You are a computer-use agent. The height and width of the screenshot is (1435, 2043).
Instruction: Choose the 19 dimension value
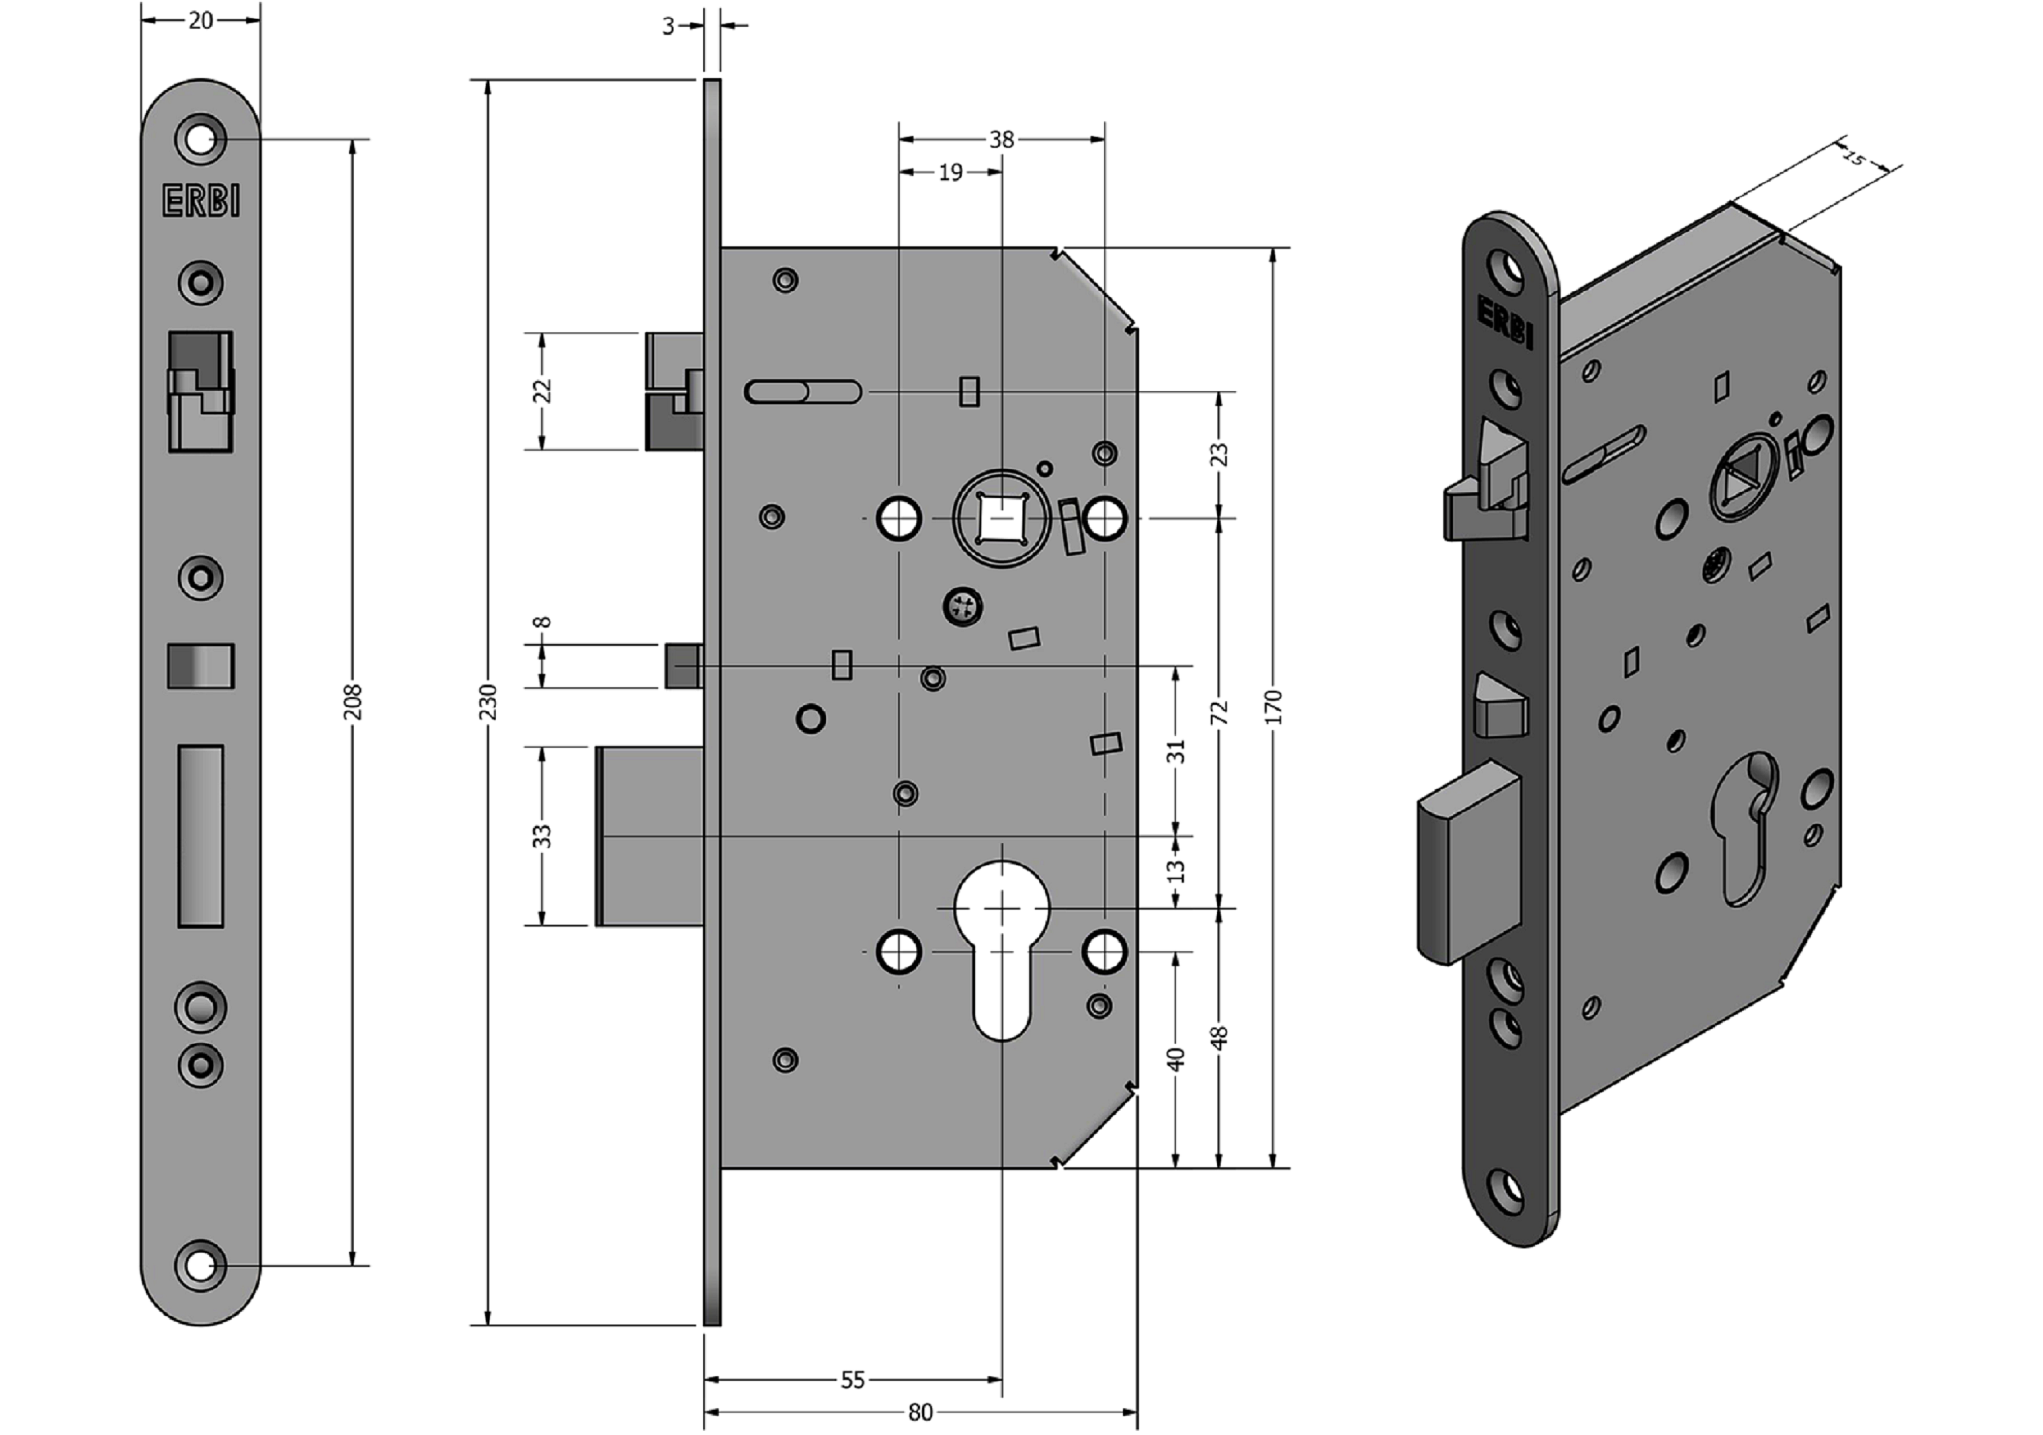tap(950, 172)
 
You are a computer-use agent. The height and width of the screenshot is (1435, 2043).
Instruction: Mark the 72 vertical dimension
tap(1220, 712)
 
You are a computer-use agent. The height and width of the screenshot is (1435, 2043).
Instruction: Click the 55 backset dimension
tap(852, 1380)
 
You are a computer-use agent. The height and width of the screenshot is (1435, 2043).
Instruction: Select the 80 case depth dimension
tap(920, 1413)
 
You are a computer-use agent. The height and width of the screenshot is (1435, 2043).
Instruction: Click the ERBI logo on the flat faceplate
tap(201, 201)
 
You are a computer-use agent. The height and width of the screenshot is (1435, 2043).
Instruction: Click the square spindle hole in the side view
tap(1002, 518)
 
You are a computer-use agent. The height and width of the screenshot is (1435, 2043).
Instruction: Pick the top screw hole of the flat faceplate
tap(201, 140)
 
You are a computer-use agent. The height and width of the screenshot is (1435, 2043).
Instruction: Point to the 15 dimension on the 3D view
tap(1854, 158)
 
